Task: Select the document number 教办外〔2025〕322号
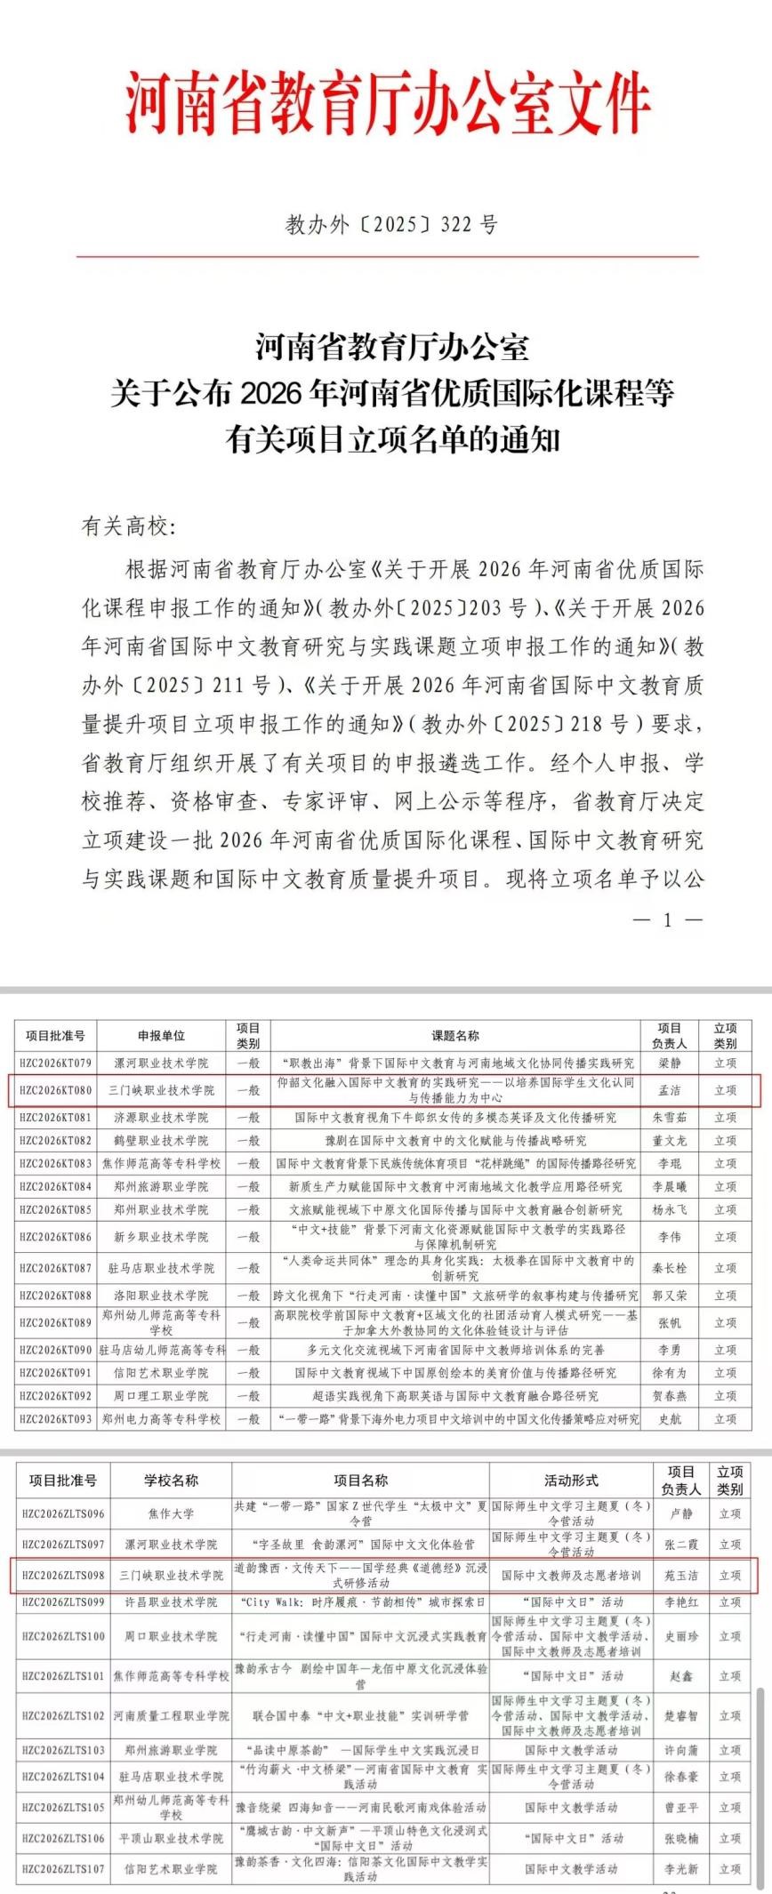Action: coord(390,224)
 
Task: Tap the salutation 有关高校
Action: coord(128,526)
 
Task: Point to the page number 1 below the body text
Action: coord(668,919)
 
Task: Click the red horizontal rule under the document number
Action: coord(386,257)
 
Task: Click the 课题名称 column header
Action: coord(455,1035)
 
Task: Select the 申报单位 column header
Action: coord(161,1035)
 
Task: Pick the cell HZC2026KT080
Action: coord(55,1090)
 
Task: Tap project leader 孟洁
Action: coord(668,1090)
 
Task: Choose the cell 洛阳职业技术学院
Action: coord(161,1296)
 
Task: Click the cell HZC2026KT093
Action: coord(55,1419)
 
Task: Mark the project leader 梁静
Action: coord(668,1063)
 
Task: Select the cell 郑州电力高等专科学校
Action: coord(161,1419)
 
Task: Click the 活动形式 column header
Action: coord(571,1480)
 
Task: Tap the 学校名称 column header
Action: coord(171,1480)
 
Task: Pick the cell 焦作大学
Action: coord(171,1513)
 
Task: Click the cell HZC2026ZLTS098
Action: coord(63,1575)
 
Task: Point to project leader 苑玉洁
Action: coord(681,1575)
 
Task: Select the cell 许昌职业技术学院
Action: coord(171,1601)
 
